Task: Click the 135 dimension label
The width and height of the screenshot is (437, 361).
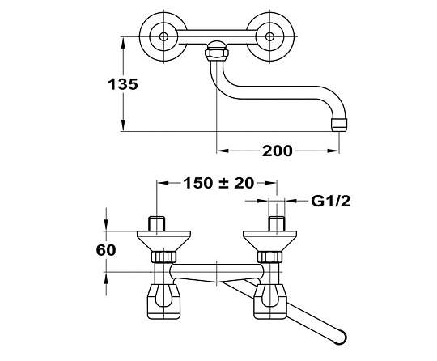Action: click(x=123, y=84)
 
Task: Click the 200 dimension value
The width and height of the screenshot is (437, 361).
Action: click(x=278, y=151)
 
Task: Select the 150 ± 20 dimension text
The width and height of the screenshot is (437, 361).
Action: click(x=218, y=183)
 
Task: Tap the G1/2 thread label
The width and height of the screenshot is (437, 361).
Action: click(x=331, y=201)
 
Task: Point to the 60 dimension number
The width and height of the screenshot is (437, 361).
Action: click(x=106, y=250)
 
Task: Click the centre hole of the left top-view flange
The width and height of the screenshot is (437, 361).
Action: click(x=163, y=36)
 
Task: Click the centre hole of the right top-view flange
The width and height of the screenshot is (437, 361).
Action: click(x=269, y=36)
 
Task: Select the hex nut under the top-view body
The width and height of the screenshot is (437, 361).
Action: click(x=217, y=53)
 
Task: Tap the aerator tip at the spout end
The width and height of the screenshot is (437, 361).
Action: click(x=339, y=125)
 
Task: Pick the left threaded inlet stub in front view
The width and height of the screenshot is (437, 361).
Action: click(x=157, y=223)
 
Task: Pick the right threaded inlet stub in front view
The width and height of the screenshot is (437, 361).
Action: click(x=277, y=223)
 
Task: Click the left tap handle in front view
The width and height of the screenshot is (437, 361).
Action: click(x=163, y=301)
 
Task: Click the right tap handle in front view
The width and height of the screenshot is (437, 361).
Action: click(x=270, y=301)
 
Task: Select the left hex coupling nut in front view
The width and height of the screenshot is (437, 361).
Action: click(x=163, y=257)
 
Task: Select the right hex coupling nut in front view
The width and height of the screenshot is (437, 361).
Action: click(x=269, y=257)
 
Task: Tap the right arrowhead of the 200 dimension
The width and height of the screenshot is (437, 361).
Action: click(x=333, y=151)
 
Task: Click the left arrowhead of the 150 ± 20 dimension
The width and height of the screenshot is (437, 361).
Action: click(x=163, y=183)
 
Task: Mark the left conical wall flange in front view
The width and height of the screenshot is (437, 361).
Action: click(x=163, y=241)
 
